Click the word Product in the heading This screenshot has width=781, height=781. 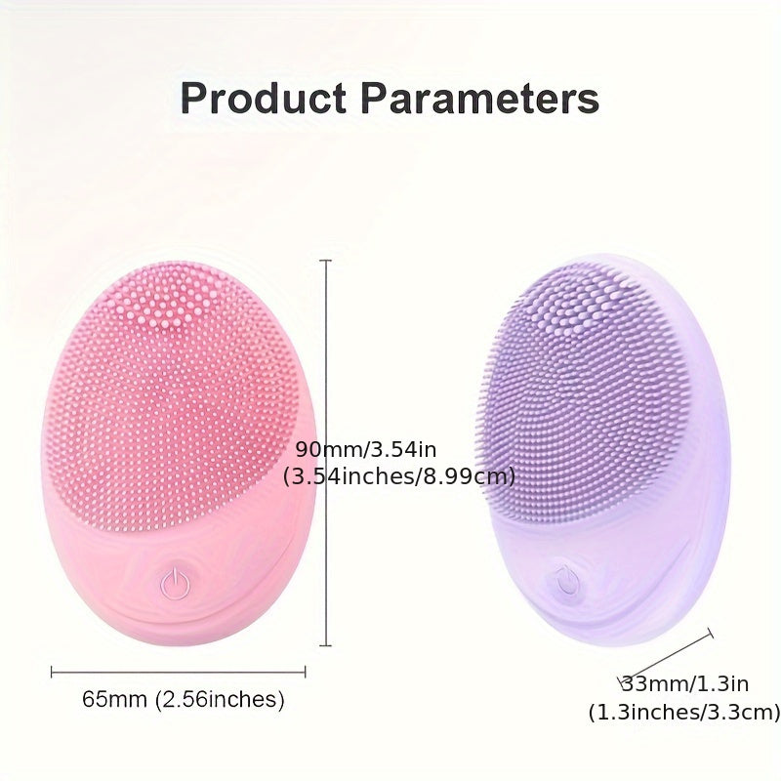pos(263,98)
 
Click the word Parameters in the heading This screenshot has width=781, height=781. pos(479,98)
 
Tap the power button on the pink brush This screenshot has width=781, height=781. pos(175,582)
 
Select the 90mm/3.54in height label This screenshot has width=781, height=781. pos(366,450)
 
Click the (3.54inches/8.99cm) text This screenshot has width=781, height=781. pos(399,476)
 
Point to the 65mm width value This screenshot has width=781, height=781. pos(114,699)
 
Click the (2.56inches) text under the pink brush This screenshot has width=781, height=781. pos(220,699)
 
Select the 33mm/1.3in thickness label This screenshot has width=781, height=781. pos(685,684)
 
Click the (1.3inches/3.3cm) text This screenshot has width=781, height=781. pos(684,712)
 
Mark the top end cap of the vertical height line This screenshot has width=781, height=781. pos(325,261)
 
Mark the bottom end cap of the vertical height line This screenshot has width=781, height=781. pos(325,645)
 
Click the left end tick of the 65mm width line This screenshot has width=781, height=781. pos(52,672)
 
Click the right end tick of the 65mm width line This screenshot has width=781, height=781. pos(305,672)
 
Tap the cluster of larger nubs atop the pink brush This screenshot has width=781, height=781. pos(164,304)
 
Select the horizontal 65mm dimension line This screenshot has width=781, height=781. pos(179,672)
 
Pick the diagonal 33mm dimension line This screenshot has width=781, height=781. pos(665,657)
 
